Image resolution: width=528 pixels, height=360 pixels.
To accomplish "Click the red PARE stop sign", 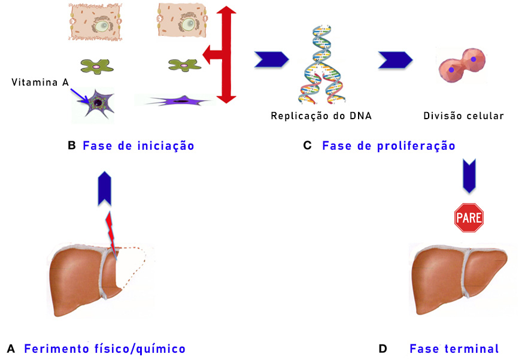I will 469,217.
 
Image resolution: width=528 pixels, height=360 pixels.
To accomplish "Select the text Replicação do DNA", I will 321,116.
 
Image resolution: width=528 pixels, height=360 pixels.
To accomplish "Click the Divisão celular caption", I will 463,116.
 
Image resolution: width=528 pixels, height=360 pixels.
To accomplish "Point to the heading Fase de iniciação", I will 138,146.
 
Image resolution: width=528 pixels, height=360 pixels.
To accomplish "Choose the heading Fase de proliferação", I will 389,146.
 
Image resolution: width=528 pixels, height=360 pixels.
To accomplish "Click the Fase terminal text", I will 454,349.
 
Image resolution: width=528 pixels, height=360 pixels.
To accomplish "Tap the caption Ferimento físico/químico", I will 105,349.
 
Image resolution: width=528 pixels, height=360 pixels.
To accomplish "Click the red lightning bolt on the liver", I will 111,233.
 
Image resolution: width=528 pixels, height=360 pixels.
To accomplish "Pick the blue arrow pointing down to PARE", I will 469,176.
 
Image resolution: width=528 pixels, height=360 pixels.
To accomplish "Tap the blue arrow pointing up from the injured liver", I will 105,187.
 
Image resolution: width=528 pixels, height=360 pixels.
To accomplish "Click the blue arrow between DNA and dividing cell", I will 395,59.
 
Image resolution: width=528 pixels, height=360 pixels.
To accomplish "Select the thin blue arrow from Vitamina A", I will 78,94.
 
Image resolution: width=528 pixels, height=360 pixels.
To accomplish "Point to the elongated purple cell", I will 177,101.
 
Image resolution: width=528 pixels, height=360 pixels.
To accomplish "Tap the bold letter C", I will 307,146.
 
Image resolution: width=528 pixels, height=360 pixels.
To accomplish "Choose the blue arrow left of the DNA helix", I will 271,59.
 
